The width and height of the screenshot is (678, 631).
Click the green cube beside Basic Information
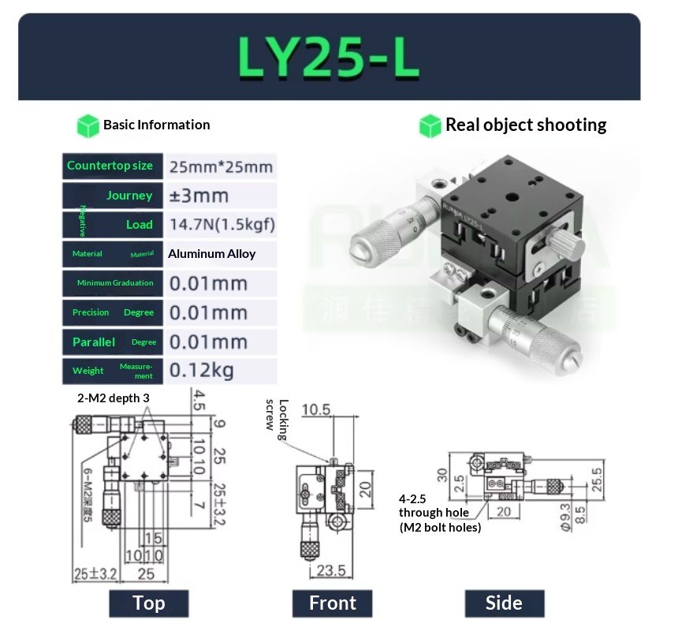[x=88, y=125]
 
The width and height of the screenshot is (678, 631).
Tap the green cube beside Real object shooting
[x=430, y=125]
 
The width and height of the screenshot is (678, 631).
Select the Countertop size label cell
[x=110, y=166]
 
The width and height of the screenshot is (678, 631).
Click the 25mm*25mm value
[x=221, y=166]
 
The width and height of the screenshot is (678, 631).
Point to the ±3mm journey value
[x=199, y=196]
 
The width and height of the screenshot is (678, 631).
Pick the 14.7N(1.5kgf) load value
[x=222, y=225]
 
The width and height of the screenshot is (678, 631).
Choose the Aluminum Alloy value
[x=211, y=254]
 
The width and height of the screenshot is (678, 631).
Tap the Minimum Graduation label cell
[x=110, y=283]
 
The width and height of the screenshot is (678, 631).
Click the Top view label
[x=148, y=603]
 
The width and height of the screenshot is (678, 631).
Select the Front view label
[x=332, y=603]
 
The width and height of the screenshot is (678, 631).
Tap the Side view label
[x=504, y=603]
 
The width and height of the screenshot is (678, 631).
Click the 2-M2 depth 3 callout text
[x=113, y=398]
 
